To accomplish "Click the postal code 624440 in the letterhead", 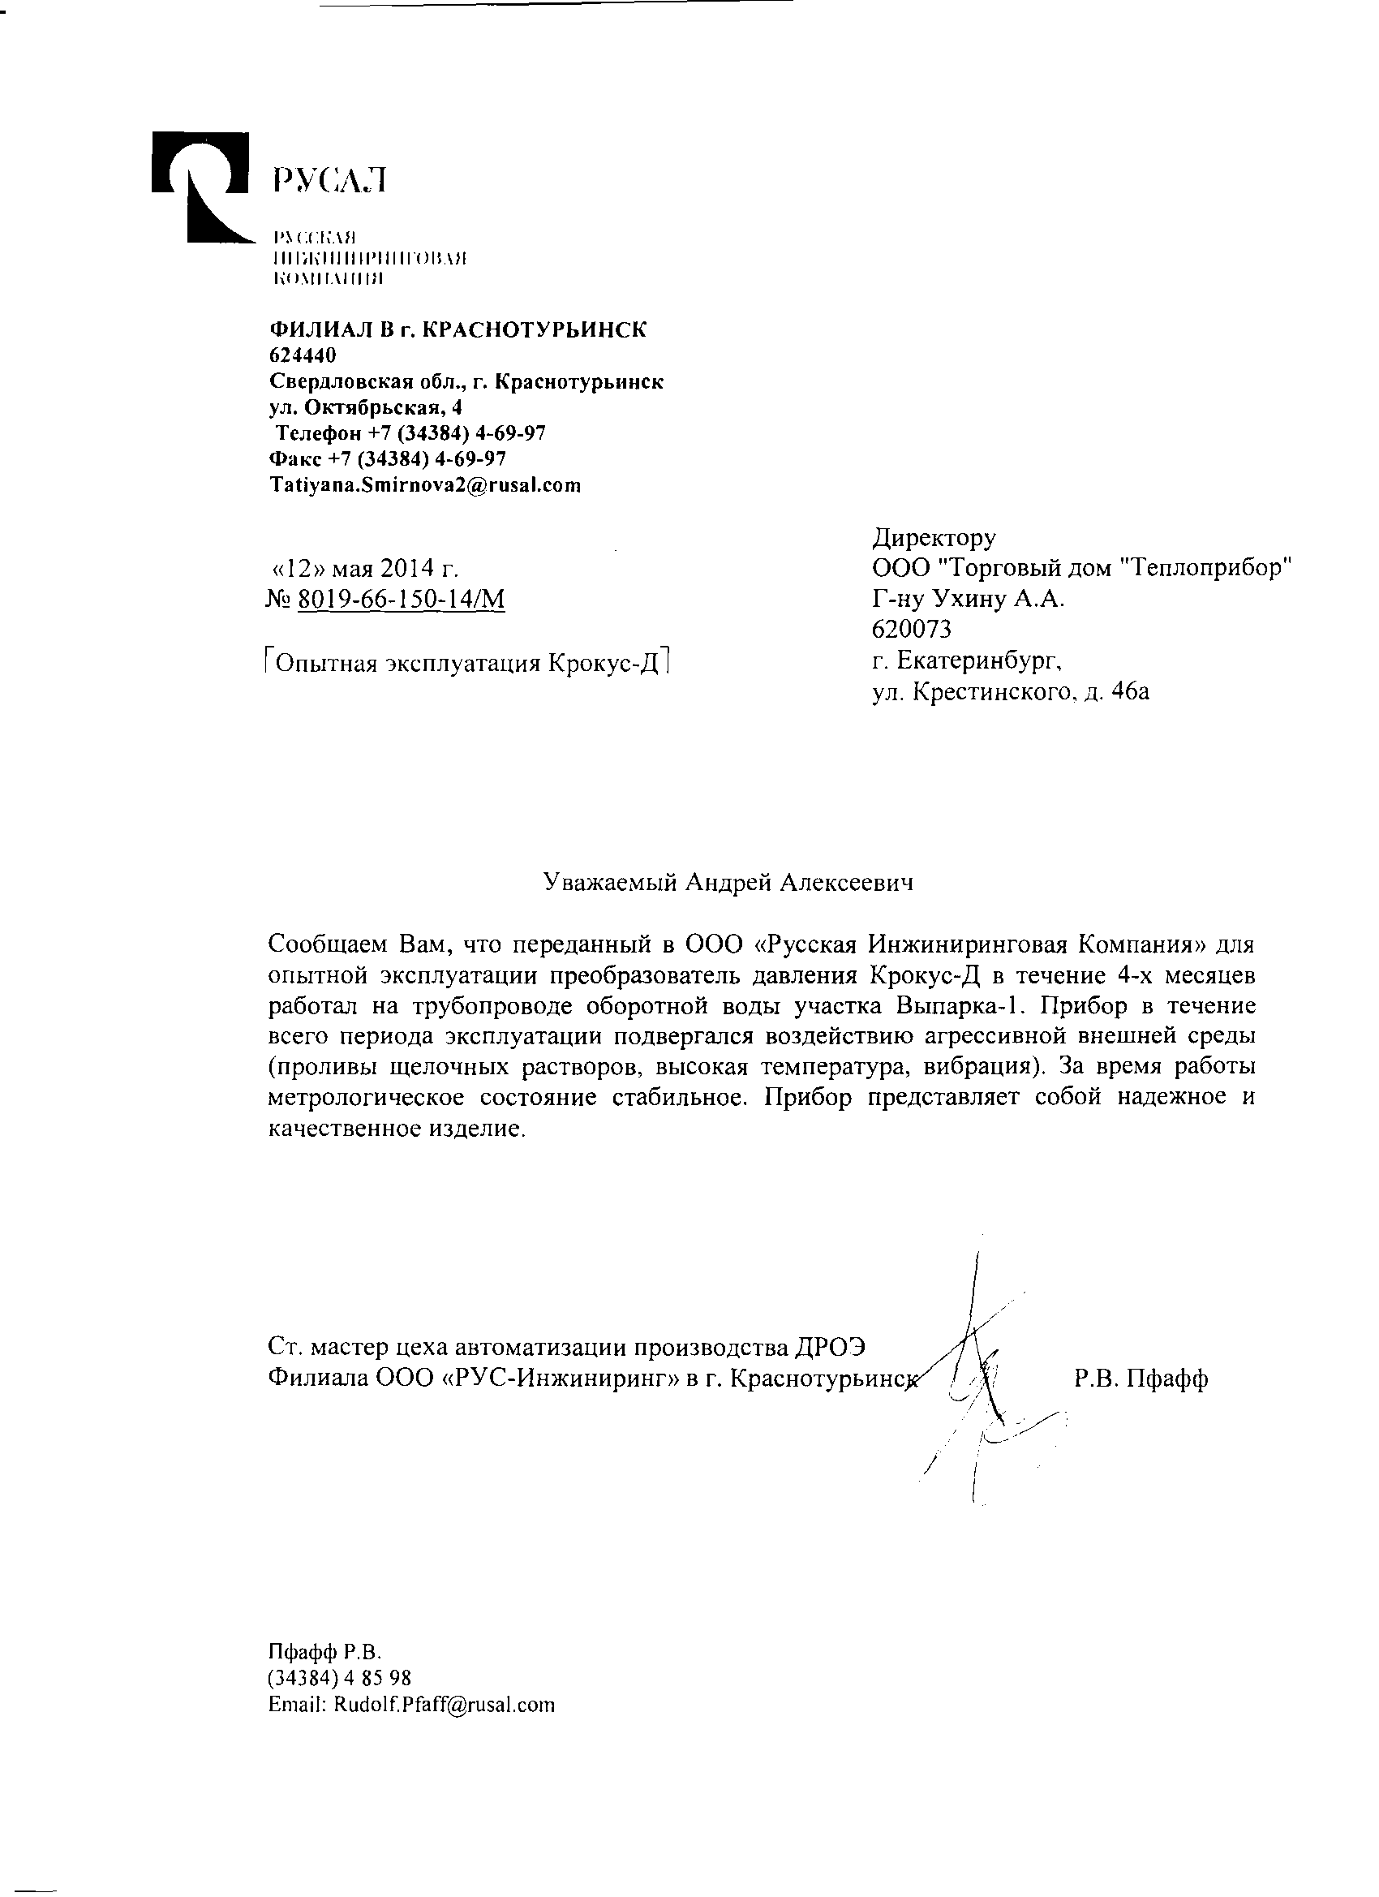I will point(302,355).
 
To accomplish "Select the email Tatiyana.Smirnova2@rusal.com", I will point(424,485).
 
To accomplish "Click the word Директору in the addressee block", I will point(934,536).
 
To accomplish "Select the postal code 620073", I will point(912,627).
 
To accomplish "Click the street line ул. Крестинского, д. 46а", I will point(1010,690).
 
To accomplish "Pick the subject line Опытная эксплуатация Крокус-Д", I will point(468,663).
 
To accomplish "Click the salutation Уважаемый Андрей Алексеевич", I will point(728,883).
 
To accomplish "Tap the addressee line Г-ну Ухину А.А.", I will point(968,598).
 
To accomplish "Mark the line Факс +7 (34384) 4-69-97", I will point(387,458).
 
